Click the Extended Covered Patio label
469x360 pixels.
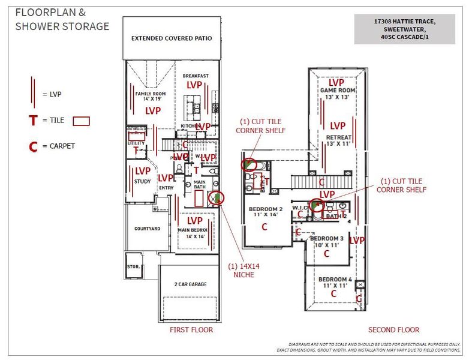coord(172,38)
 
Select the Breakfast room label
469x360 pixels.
coord(196,76)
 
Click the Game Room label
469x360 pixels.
coord(338,94)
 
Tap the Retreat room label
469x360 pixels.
coord(338,140)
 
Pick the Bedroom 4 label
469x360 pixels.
coord(334,283)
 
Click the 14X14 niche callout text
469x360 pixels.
coord(243,271)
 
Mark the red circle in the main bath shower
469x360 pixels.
coord(215,197)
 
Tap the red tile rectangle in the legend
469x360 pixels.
coord(81,121)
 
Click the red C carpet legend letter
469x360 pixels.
coord(33,146)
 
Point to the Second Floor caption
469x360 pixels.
coord(393,329)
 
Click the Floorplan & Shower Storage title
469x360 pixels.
coord(62,19)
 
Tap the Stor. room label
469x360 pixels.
coord(134,266)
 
